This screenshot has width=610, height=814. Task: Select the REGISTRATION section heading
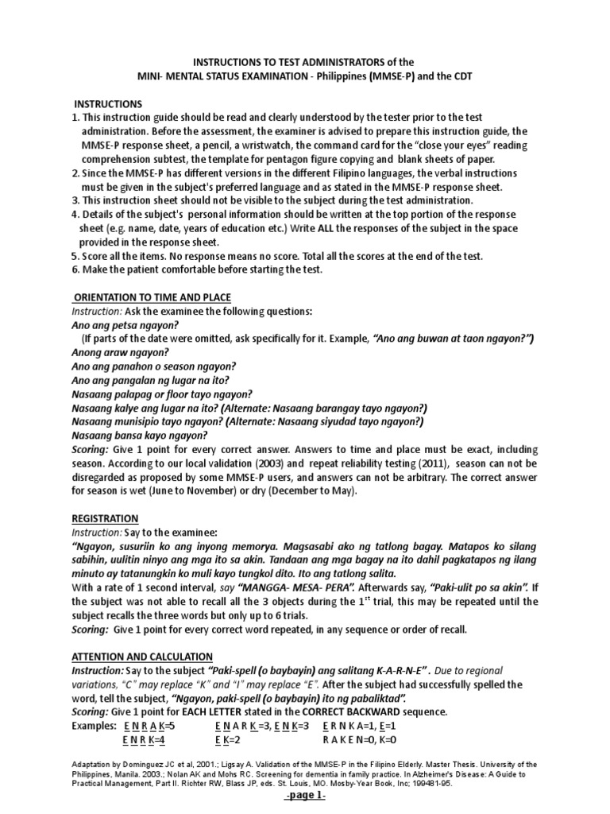tap(105, 517)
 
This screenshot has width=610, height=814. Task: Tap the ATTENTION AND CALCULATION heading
tap(142, 656)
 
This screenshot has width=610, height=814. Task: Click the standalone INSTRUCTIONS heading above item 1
tap(108, 104)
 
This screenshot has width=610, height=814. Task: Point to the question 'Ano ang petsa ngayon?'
tap(125, 324)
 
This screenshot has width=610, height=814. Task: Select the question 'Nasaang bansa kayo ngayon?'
tap(140, 435)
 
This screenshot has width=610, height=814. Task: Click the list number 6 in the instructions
tap(74, 269)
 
